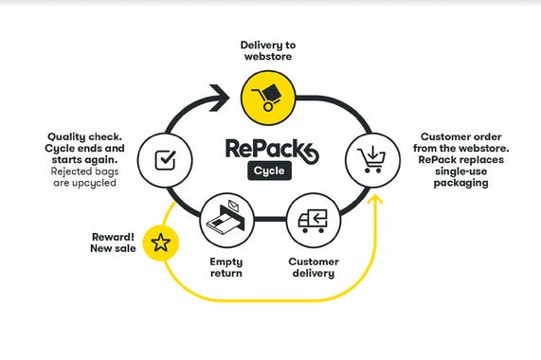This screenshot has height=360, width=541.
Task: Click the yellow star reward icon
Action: pos(161,243)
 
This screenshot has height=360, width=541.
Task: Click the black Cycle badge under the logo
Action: pos(269,171)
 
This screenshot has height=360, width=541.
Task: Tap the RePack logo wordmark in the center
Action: pos(271,149)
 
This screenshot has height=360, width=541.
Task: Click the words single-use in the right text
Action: pos(451,171)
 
